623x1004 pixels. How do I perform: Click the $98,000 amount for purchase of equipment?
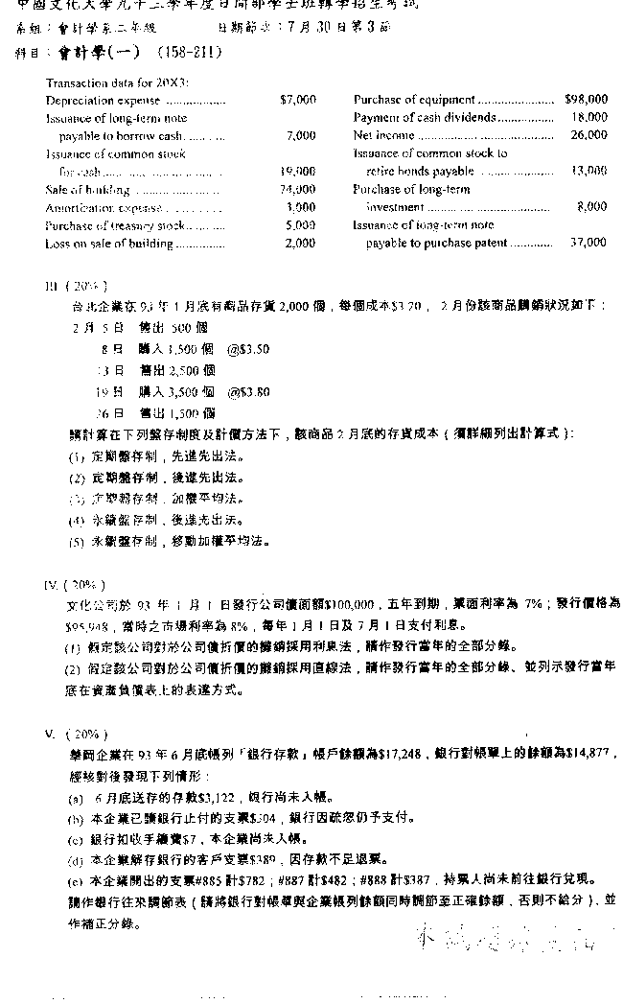click(x=586, y=99)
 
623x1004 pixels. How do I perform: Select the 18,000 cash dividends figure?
click(x=589, y=117)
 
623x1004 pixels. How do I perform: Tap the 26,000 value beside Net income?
click(x=589, y=135)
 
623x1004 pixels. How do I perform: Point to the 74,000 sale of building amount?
click(x=298, y=190)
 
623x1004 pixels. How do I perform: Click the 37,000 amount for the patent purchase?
click(x=588, y=243)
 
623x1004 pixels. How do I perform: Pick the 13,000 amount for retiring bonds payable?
click(x=588, y=171)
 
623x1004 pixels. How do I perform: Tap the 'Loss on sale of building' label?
click(x=109, y=244)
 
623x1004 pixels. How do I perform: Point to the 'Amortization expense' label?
click(x=105, y=207)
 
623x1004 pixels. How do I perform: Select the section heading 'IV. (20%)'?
click(x=76, y=584)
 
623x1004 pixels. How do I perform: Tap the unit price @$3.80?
click(x=248, y=391)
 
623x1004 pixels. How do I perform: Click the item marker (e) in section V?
click(x=76, y=879)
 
